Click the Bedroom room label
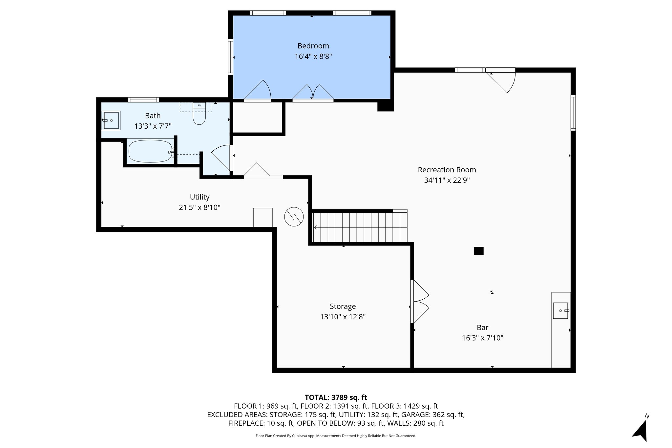pyautogui.click(x=313, y=46)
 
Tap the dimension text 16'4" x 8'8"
pyautogui.click(x=313, y=56)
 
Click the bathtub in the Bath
pyautogui.click(x=150, y=151)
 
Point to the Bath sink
pyautogui.click(x=111, y=120)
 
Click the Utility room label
pyautogui.click(x=199, y=197)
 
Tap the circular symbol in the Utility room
pyautogui.click(x=294, y=217)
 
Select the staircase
pyautogui.click(x=360, y=227)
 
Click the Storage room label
pyautogui.click(x=343, y=306)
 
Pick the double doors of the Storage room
pyautogui.click(x=420, y=301)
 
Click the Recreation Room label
pyautogui.click(x=447, y=170)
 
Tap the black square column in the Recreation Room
pyautogui.click(x=478, y=251)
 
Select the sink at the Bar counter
pyautogui.click(x=561, y=310)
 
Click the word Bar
pyautogui.click(x=482, y=327)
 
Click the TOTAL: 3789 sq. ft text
pyautogui.click(x=336, y=397)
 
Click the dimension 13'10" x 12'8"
pyautogui.click(x=343, y=317)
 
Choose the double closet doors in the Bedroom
pyautogui.click(x=313, y=92)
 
